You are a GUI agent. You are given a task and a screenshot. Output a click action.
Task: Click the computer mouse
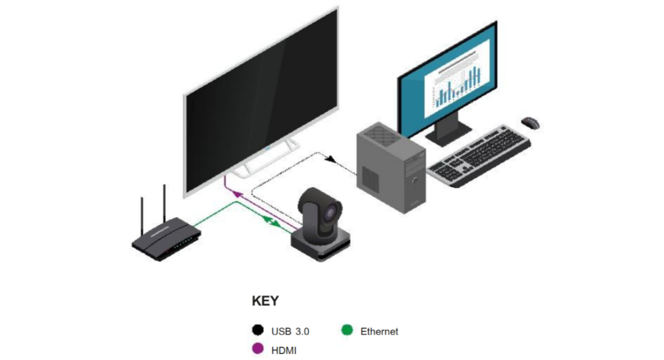pyautogui.click(x=530, y=122)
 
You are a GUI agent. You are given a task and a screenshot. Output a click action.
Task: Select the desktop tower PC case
pyautogui.click(x=391, y=170)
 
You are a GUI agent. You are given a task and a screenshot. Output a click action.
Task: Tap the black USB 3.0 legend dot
pyautogui.click(x=257, y=331)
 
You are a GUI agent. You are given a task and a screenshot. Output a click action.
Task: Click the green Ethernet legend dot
pyautogui.click(x=347, y=331)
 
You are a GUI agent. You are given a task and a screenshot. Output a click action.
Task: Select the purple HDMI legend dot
pyautogui.click(x=257, y=349)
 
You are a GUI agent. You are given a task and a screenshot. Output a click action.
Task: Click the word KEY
pyautogui.click(x=265, y=301)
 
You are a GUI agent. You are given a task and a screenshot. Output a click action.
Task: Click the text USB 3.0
pyautogui.click(x=290, y=331)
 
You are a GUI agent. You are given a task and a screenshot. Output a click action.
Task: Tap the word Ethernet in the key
pyautogui.click(x=379, y=331)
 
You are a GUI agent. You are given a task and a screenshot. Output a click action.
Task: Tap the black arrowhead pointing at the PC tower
pyautogui.click(x=331, y=160)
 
